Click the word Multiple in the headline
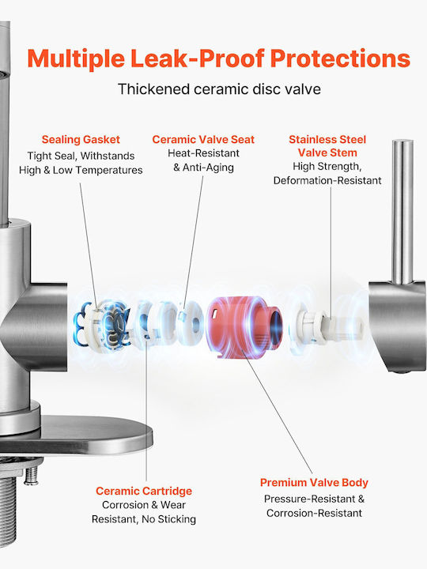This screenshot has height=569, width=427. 76,58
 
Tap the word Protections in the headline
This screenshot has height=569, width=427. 340,58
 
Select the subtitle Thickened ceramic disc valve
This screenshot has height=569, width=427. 219,89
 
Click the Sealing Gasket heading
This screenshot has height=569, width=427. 81,139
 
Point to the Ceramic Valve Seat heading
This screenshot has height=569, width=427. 203,139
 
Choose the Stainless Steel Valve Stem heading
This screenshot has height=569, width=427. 327,146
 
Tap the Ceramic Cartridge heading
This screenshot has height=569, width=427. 144,491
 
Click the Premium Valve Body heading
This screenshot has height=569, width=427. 314,483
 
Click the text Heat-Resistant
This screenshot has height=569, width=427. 203,153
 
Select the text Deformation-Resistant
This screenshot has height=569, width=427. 327,181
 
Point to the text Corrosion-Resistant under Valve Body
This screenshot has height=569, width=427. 314,513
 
